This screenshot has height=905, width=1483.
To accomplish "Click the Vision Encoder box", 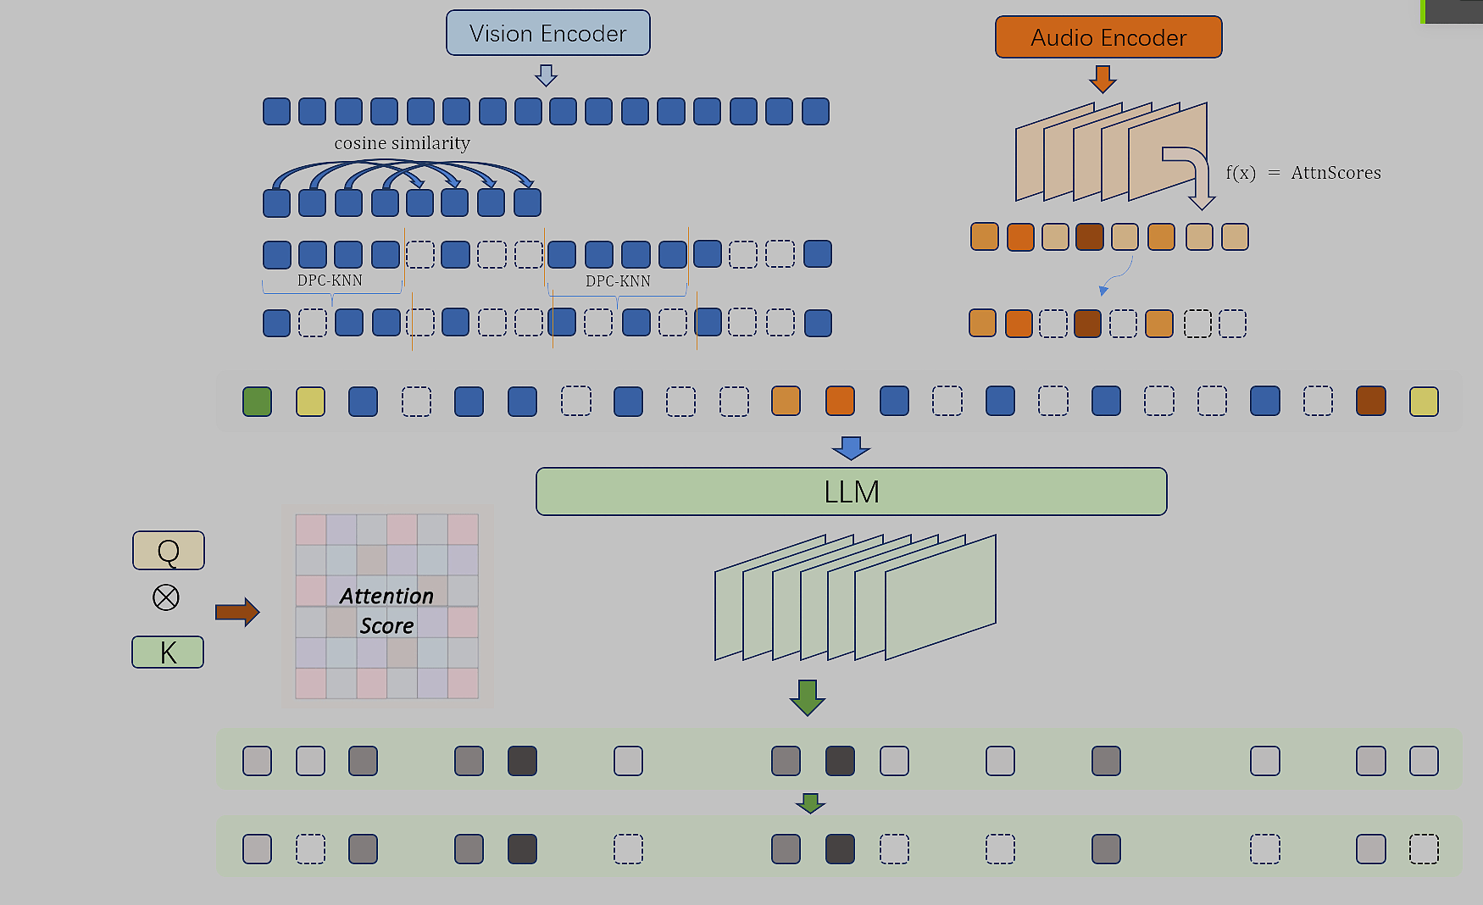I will (547, 33).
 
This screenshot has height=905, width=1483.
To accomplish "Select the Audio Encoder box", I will (1108, 37).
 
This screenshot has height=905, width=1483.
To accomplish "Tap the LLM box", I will (851, 491).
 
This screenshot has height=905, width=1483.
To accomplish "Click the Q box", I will (168, 551).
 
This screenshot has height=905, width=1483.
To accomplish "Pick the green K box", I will (168, 652).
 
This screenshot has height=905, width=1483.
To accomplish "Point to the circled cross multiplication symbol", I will (166, 597).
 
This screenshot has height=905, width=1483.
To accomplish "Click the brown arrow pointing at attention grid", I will (236, 612).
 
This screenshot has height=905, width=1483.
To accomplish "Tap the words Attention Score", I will (386, 611).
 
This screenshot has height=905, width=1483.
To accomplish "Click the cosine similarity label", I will (402, 143).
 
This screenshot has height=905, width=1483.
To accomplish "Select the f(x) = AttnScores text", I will (1302, 173).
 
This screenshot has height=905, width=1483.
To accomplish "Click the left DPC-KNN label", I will (330, 280).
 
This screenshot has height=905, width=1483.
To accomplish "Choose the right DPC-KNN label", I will (618, 281).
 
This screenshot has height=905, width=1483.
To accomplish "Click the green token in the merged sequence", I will (257, 402).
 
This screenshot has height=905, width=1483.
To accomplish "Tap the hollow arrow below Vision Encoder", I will (547, 75).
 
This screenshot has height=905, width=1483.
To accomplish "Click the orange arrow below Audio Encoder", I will (1102, 79).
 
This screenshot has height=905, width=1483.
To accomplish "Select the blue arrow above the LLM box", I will (851, 447).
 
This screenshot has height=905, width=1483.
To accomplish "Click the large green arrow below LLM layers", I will (807, 697).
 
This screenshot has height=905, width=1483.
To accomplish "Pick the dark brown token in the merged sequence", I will (1370, 402).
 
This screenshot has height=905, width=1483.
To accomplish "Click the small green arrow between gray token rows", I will (810, 802).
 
